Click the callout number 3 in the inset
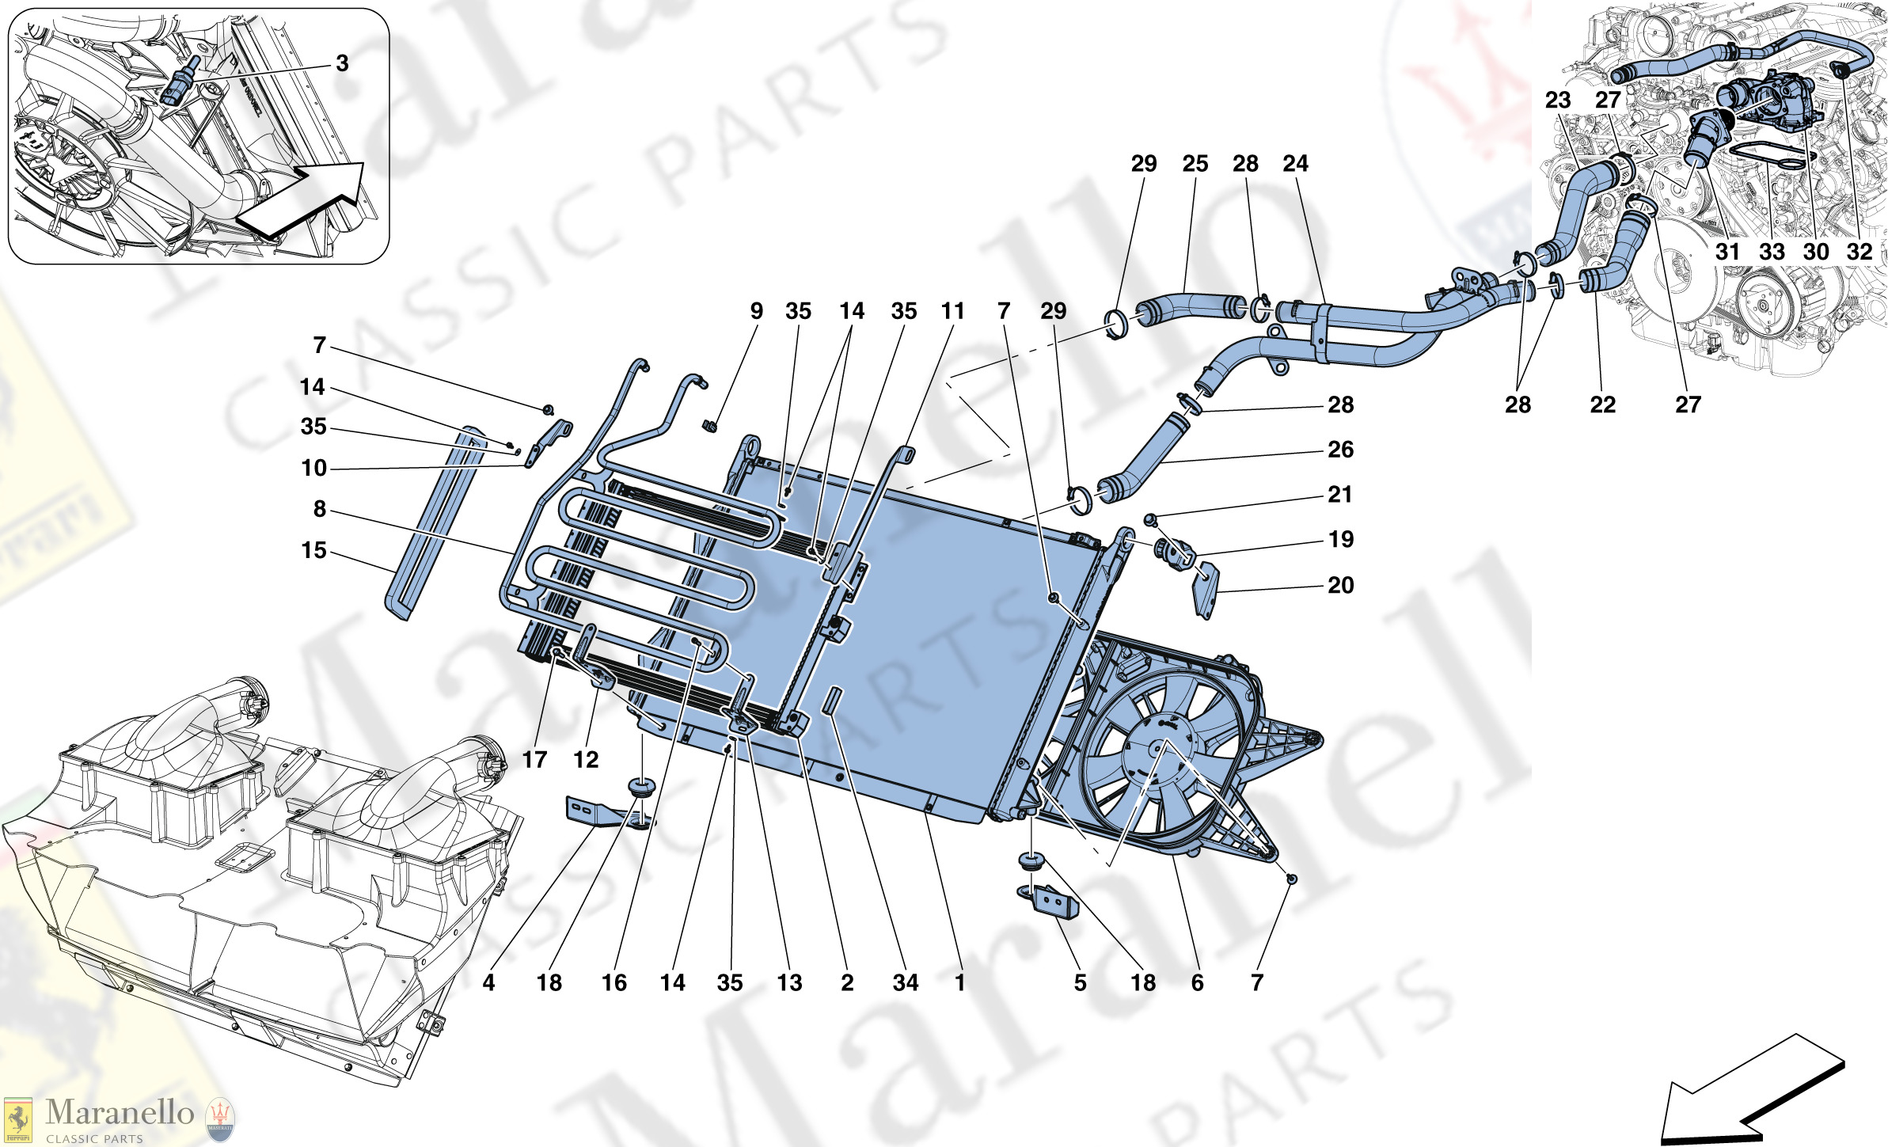[342, 63]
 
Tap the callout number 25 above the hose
[1195, 164]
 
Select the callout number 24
[1295, 164]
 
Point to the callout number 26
[1340, 450]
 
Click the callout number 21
[1340, 495]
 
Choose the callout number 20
[1340, 585]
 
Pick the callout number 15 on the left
[313, 550]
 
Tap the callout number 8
[319, 509]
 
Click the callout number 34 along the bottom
[906, 982]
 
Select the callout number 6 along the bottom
[1197, 982]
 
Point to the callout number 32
[1859, 252]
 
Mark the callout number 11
[952, 311]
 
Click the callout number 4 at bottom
[488, 982]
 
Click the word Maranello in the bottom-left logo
[120, 1112]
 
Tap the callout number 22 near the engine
[1602, 405]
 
